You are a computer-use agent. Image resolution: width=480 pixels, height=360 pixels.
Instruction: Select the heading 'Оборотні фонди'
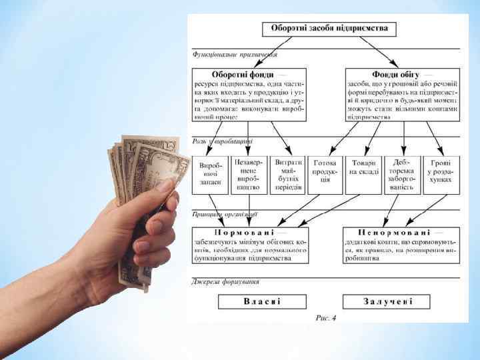click(239, 75)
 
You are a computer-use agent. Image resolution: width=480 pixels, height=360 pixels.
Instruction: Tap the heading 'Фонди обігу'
click(393, 75)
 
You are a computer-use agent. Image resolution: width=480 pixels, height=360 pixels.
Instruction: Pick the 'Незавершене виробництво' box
click(248, 175)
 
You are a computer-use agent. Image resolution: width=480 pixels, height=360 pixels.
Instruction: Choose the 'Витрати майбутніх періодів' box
click(287, 175)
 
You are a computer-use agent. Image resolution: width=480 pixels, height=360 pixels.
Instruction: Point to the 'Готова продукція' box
click(325, 175)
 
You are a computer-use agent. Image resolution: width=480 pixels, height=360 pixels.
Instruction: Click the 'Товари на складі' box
click(363, 175)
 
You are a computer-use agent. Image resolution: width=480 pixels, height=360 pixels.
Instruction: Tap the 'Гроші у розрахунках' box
click(441, 175)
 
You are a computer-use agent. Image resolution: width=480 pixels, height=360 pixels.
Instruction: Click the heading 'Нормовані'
click(249, 232)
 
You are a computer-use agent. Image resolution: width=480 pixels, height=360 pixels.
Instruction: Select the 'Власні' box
click(262, 301)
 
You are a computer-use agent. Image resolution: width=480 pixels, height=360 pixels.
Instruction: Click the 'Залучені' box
click(388, 301)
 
